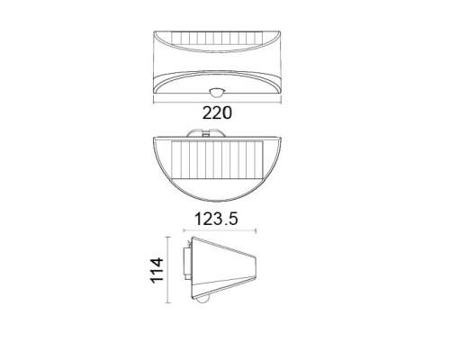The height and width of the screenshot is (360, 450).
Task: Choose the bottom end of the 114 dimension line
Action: point(168,306)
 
